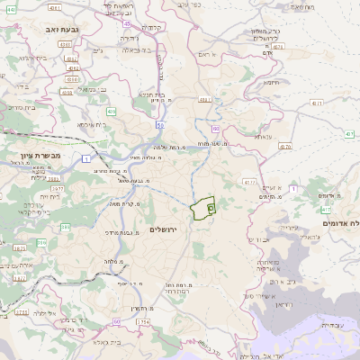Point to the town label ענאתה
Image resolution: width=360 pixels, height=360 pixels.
(264, 137)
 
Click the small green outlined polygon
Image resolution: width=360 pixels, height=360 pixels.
(205, 207)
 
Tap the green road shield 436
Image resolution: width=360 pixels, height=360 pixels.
(111, 111)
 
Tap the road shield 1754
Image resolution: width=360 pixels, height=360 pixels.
(142, 321)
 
